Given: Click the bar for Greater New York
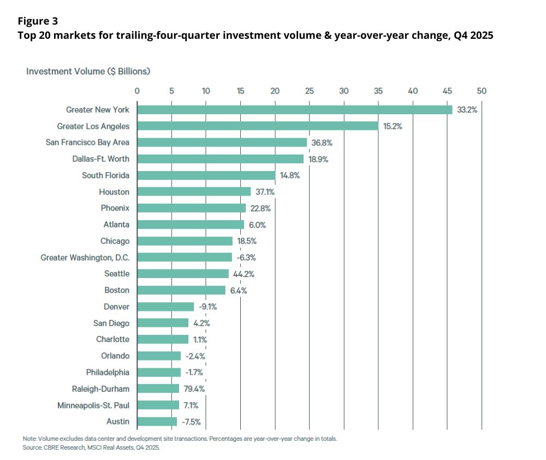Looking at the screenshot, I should [x=295, y=110].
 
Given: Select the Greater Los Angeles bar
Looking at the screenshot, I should [x=258, y=126].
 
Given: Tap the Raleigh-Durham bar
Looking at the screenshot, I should [x=158, y=388].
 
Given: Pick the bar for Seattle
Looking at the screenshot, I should [x=183, y=274].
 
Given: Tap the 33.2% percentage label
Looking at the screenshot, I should [x=467, y=110].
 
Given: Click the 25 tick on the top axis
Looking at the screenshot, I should [x=309, y=91].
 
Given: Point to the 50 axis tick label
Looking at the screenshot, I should [x=482, y=91].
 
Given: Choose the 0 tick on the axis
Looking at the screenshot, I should [x=137, y=91].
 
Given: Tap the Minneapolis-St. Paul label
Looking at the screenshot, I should [x=93, y=405].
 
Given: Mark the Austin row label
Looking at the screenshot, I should [x=118, y=421].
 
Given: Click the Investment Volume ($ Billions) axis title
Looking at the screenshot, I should [x=88, y=71].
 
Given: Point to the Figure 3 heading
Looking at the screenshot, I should [x=38, y=21].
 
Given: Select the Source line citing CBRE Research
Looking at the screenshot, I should [x=91, y=447].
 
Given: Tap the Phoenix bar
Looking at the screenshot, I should [x=191, y=208].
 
